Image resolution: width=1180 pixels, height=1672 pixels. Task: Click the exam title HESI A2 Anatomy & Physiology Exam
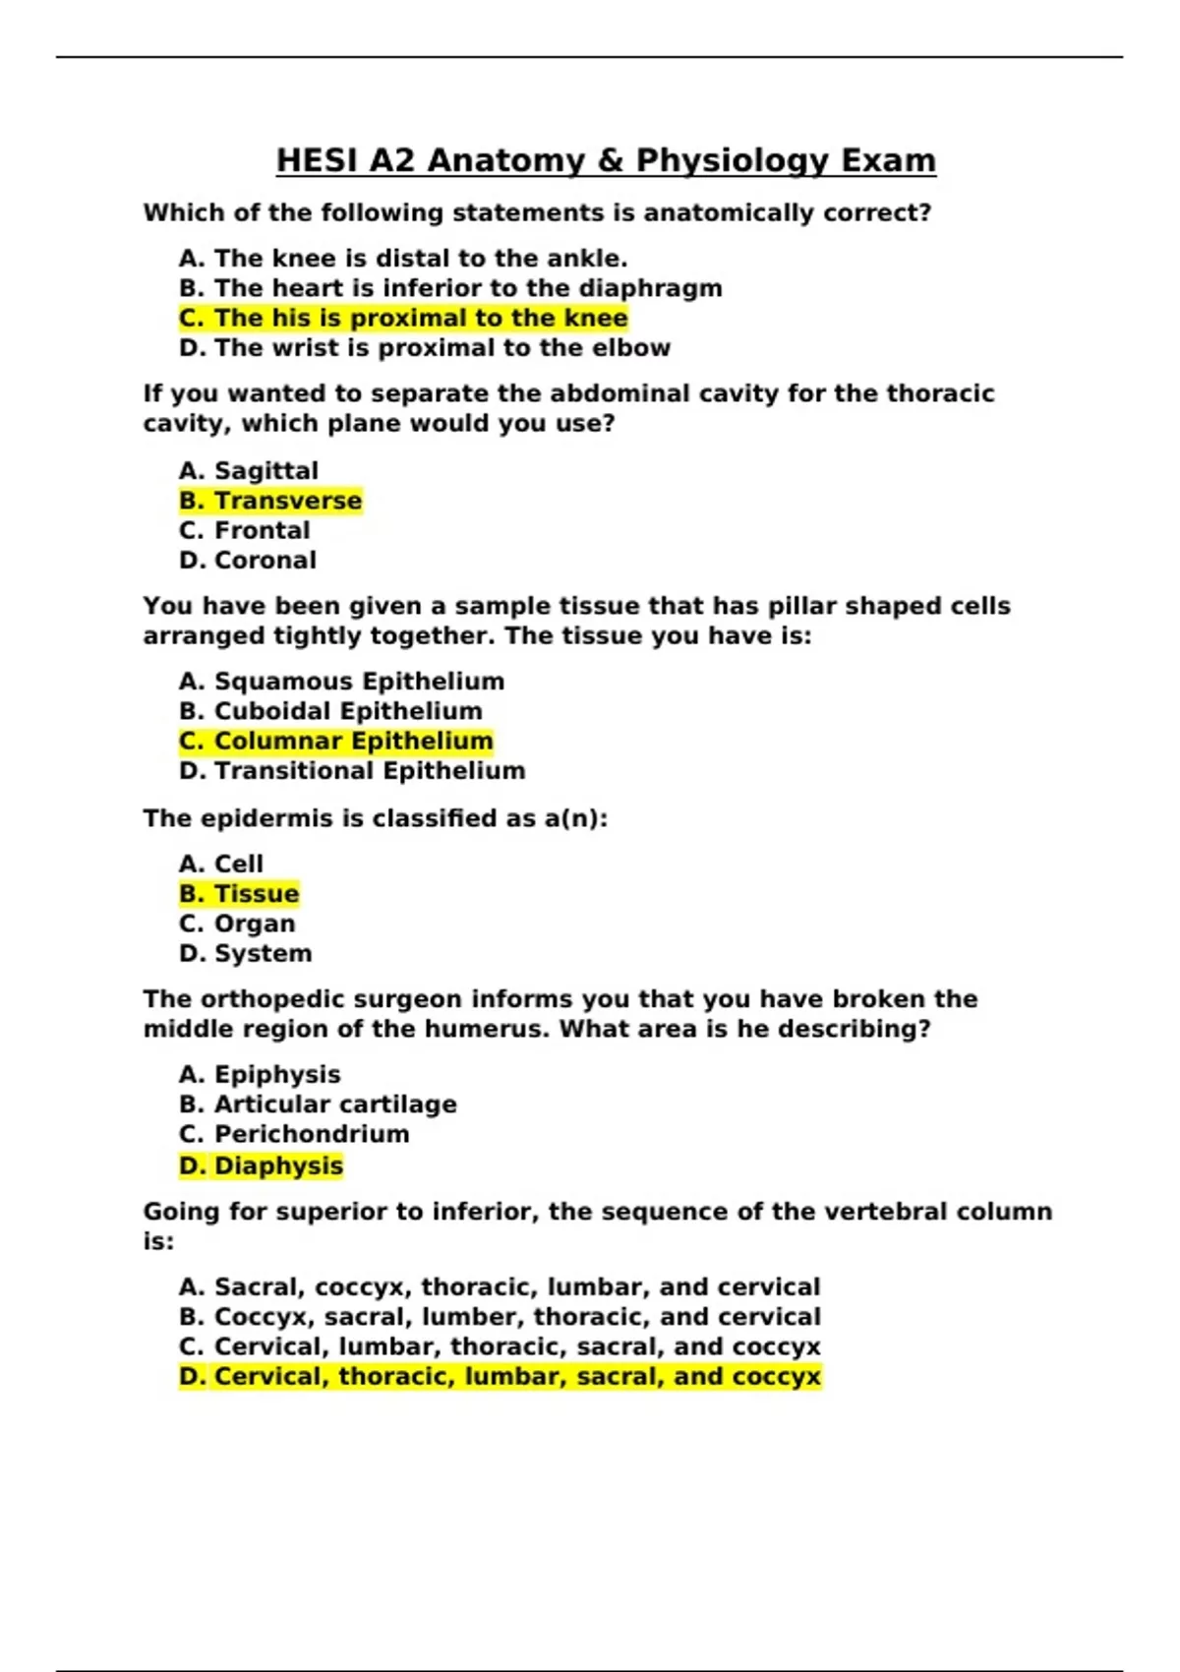(606, 160)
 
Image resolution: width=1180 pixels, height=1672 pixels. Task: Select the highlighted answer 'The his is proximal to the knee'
(403, 319)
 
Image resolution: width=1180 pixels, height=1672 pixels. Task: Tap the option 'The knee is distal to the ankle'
(403, 259)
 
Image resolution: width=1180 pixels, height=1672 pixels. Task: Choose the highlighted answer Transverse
(270, 501)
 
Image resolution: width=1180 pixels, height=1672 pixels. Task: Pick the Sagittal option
(249, 471)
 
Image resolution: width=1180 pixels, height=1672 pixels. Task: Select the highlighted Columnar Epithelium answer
(335, 742)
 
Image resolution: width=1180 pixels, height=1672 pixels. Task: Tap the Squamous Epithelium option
(341, 682)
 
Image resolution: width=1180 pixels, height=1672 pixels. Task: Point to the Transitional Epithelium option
(352, 771)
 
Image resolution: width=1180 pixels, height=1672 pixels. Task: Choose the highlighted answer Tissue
(239, 894)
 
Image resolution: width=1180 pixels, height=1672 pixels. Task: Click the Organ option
(237, 925)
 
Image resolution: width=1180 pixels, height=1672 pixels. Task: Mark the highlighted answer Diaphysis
(261, 1166)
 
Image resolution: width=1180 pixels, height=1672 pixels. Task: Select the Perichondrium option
(294, 1134)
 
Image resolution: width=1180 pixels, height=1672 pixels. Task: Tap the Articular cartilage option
(318, 1105)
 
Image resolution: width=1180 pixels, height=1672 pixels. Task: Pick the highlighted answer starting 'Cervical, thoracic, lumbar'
(500, 1377)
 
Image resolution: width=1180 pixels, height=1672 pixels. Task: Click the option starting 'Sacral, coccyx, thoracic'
(500, 1287)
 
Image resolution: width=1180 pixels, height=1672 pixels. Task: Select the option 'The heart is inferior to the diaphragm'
(450, 288)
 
